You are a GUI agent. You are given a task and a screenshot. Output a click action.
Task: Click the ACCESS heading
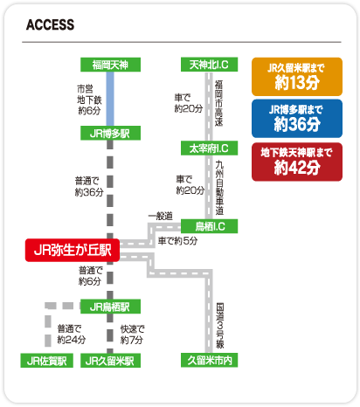tap(50, 24)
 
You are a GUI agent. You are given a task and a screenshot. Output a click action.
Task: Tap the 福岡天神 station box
tap(110, 65)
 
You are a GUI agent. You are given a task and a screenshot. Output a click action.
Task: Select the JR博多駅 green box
tap(110, 133)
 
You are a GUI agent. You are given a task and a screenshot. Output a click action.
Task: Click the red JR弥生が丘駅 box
tap(73, 250)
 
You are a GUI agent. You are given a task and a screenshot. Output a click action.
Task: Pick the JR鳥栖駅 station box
tap(110, 307)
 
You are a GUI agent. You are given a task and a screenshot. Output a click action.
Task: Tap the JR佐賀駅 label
tap(46, 361)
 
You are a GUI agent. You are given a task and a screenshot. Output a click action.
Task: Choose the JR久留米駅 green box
tap(110, 361)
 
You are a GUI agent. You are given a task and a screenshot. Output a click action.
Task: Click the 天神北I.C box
tap(209, 65)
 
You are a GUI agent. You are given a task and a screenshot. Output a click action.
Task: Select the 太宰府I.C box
tap(209, 148)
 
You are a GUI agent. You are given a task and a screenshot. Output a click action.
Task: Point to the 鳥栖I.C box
tap(209, 226)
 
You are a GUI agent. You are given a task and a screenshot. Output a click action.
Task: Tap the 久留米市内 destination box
tap(209, 361)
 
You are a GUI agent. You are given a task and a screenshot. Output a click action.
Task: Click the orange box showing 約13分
tap(297, 77)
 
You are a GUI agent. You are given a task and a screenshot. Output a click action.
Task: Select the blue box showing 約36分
tap(297, 119)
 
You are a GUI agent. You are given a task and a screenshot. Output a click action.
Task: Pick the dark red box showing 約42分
tap(297, 162)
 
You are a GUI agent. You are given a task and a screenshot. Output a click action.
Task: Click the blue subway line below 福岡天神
tap(110, 99)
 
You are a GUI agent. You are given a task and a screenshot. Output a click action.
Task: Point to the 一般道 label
tap(161, 216)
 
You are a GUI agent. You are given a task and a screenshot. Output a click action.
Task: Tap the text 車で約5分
tap(177, 241)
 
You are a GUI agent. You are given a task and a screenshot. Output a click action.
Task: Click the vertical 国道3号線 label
tap(220, 326)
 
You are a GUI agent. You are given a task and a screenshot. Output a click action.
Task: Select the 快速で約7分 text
tap(132, 335)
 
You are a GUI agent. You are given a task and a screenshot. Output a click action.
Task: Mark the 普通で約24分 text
tap(72, 335)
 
